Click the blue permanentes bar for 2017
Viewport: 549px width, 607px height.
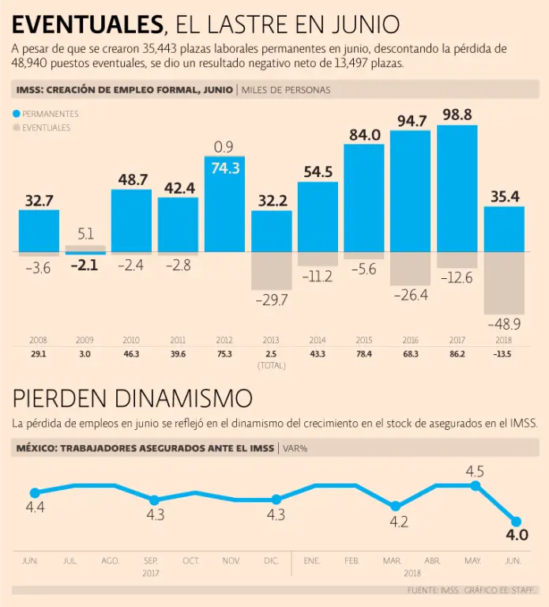457,188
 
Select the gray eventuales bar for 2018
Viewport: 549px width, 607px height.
503,283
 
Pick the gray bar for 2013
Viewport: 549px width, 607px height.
271,271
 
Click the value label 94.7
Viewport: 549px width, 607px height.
411,121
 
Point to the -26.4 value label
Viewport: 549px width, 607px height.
411,295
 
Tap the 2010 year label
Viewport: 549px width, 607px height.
131,340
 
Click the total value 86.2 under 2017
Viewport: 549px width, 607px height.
457,353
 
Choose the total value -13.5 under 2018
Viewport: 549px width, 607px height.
503,353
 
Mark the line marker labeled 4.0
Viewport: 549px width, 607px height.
516,522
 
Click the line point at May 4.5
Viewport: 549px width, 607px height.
476,485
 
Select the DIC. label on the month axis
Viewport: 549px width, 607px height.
272,560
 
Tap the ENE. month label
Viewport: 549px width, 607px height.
312,560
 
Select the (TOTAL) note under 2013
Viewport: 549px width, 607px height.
271,365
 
